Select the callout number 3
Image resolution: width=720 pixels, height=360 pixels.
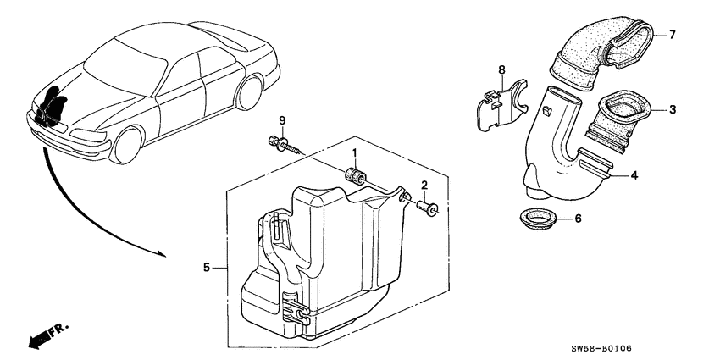672,109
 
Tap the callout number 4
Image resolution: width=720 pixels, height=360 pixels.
633,175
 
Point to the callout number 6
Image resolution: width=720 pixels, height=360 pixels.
579,219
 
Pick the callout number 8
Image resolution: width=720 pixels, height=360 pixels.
501,69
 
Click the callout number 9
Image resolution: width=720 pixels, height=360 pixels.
283,119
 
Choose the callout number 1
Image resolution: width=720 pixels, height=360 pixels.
356,152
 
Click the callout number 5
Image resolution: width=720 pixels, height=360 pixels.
206,269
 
